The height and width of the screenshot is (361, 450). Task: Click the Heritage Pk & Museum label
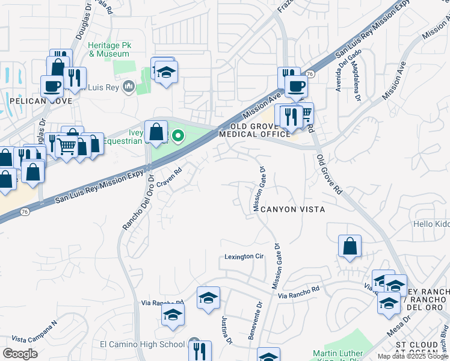108,49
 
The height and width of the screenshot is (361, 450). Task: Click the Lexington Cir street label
244,256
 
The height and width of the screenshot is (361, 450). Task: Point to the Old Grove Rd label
329,174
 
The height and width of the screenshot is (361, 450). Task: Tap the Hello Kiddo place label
431,224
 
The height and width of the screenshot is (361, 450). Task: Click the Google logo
20,354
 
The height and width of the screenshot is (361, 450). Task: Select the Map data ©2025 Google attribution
412,356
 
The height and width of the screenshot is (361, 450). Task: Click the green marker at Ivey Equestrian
178,136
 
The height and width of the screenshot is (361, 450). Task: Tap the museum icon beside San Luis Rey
128,88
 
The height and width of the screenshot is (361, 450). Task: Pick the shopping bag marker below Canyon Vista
350,246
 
